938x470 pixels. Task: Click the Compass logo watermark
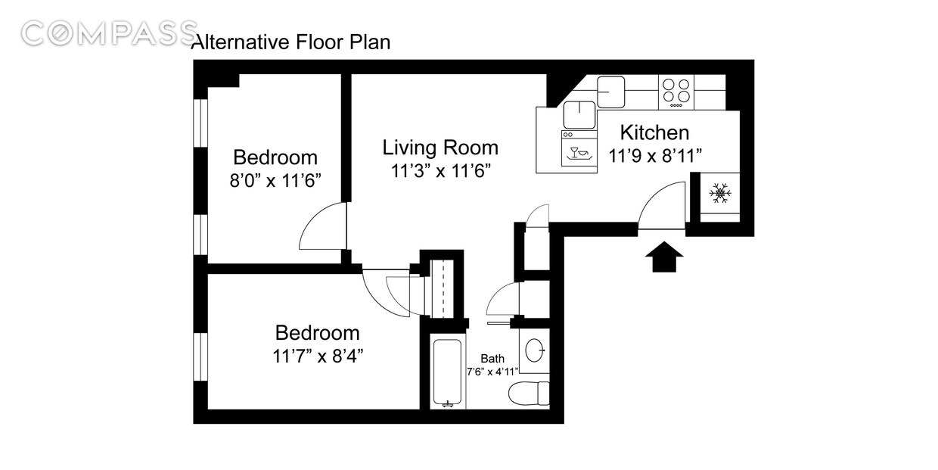coord(109,33)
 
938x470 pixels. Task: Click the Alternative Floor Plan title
coord(291,42)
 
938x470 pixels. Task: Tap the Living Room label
coord(439,147)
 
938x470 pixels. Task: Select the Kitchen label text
coord(654,132)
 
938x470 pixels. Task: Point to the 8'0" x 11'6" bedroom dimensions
coord(275,180)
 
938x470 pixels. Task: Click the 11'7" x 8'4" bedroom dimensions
coord(317,356)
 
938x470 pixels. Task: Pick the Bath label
coord(492,359)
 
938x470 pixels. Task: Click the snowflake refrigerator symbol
coord(720,194)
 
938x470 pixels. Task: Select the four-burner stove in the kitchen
coord(676,90)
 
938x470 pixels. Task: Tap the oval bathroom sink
coord(534,350)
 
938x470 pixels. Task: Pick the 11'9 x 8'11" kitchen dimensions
coord(656,157)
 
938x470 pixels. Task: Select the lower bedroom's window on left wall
coord(200,356)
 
